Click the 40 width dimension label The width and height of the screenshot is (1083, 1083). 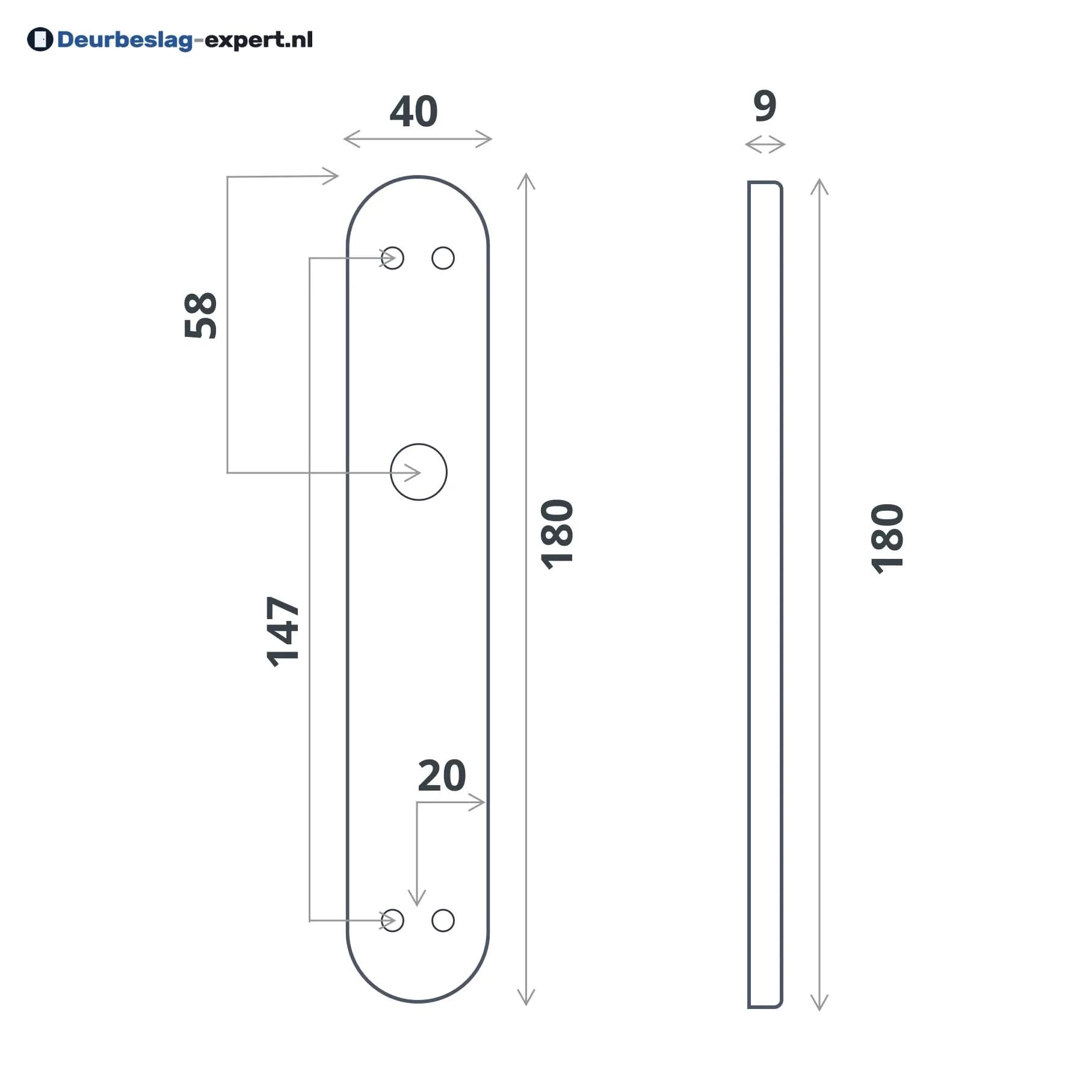click(x=413, y=111)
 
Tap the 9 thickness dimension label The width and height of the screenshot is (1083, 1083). click(x=765, y=106)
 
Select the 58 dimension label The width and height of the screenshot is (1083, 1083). click(x=200, y=315)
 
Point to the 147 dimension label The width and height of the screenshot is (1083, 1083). click(x=282, y=631)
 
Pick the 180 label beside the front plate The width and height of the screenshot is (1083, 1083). click(x=557, y=534)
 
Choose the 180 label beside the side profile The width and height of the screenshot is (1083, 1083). click(x=887, y=538)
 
